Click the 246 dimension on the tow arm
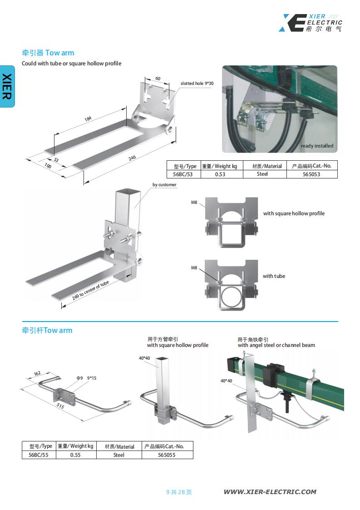(x=132, y=157)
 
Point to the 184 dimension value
(x=88, y=119)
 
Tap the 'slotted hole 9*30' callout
(x=197, y=84)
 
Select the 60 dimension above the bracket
(x=158, y=79)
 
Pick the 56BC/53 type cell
(x=183, y=174)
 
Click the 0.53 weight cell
(x=220, y=174)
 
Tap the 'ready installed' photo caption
(x=317, y=146)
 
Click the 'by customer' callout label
(x=164, y=185)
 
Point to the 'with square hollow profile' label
(x=294, y=213)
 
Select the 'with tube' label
(x=274, y=276)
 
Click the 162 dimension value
(x=37, y=374)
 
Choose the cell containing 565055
(x=167, y=455)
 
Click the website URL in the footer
(x=270, y=491)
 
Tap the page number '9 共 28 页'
(x=179, y=492)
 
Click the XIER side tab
(x=7, y=86)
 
